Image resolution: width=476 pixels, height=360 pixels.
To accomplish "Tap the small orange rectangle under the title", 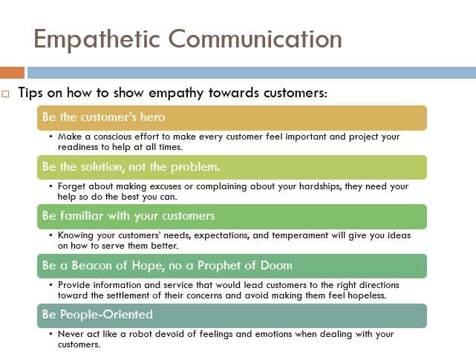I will tap(12, 73).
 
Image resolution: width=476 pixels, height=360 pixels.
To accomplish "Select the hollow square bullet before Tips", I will tap(6, 94).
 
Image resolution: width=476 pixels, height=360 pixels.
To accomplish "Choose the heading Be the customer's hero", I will tap(103, 117).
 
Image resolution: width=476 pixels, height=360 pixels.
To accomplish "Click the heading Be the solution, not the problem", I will tap(131, 166).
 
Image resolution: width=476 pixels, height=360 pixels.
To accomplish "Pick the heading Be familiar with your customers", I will tap(128, 216).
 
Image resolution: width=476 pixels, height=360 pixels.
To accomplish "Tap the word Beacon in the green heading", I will tap(94, 265).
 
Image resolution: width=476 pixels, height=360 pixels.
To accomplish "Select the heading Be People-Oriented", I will tap(97, 315).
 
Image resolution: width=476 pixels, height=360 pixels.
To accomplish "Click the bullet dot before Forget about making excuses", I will tap(50, 186).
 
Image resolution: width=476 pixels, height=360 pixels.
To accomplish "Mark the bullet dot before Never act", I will tap(50, 335).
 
